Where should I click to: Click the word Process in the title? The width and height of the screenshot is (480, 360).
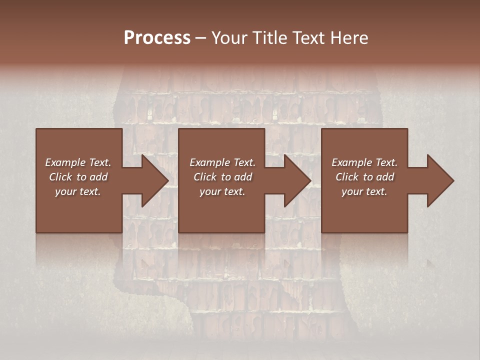click(x=157, y=38)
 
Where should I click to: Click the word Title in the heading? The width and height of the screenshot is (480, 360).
click(x=270, y=38)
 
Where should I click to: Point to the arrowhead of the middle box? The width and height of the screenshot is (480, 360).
click(x=302, y=180)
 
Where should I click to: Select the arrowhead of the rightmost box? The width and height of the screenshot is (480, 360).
click(x=444, y=180)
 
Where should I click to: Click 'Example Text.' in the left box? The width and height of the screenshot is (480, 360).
click(x=78, y=162)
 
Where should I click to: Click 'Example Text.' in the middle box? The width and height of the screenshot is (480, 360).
click(x=222, y=162)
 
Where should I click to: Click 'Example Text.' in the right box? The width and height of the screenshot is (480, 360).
click(x=364, y=162)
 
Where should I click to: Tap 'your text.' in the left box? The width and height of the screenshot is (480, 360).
click(x=78, y=191)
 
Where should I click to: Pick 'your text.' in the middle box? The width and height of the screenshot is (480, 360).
click(x=222, y=191)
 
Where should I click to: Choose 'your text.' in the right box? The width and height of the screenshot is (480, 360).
click(x=364, y=191)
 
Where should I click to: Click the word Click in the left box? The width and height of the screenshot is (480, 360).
click(x=60, y=177)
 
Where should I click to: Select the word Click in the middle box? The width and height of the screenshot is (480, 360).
click(x=205, y=177)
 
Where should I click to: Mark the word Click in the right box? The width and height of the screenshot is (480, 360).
click(x=347, y=177)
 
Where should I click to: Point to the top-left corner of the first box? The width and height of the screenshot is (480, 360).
click(x=36, y=129)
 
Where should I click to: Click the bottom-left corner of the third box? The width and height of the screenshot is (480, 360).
click(x=322, y=232)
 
